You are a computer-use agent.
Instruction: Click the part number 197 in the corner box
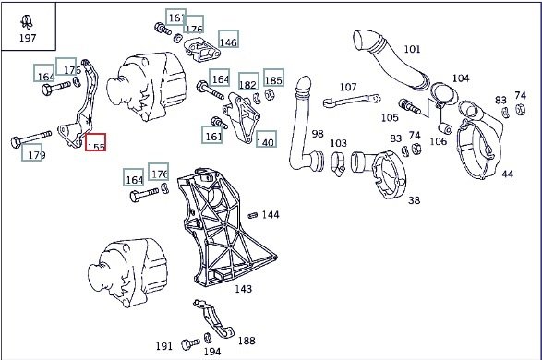coord(28,38)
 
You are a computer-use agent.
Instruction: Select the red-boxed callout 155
coord(96,142)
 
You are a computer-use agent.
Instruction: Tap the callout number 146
coord(228,39)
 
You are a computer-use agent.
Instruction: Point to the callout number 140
coord(266,138)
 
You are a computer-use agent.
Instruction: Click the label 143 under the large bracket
coord(244,289)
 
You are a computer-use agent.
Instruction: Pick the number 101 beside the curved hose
coord(412,49)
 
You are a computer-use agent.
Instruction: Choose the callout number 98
coord(318,134)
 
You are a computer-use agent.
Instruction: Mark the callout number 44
coord(507,174)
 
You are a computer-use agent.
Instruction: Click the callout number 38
coord(414,200)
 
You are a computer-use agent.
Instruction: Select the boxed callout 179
coord(31,152)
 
